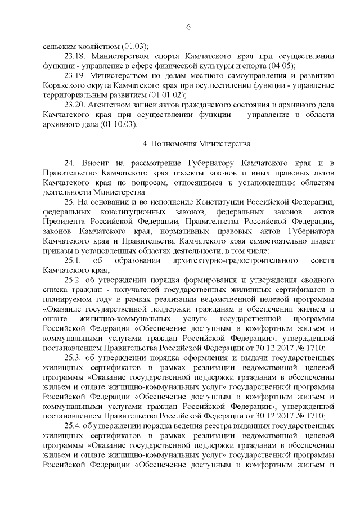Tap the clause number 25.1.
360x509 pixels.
pos(73,262)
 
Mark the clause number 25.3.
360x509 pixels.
pos(73,359)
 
